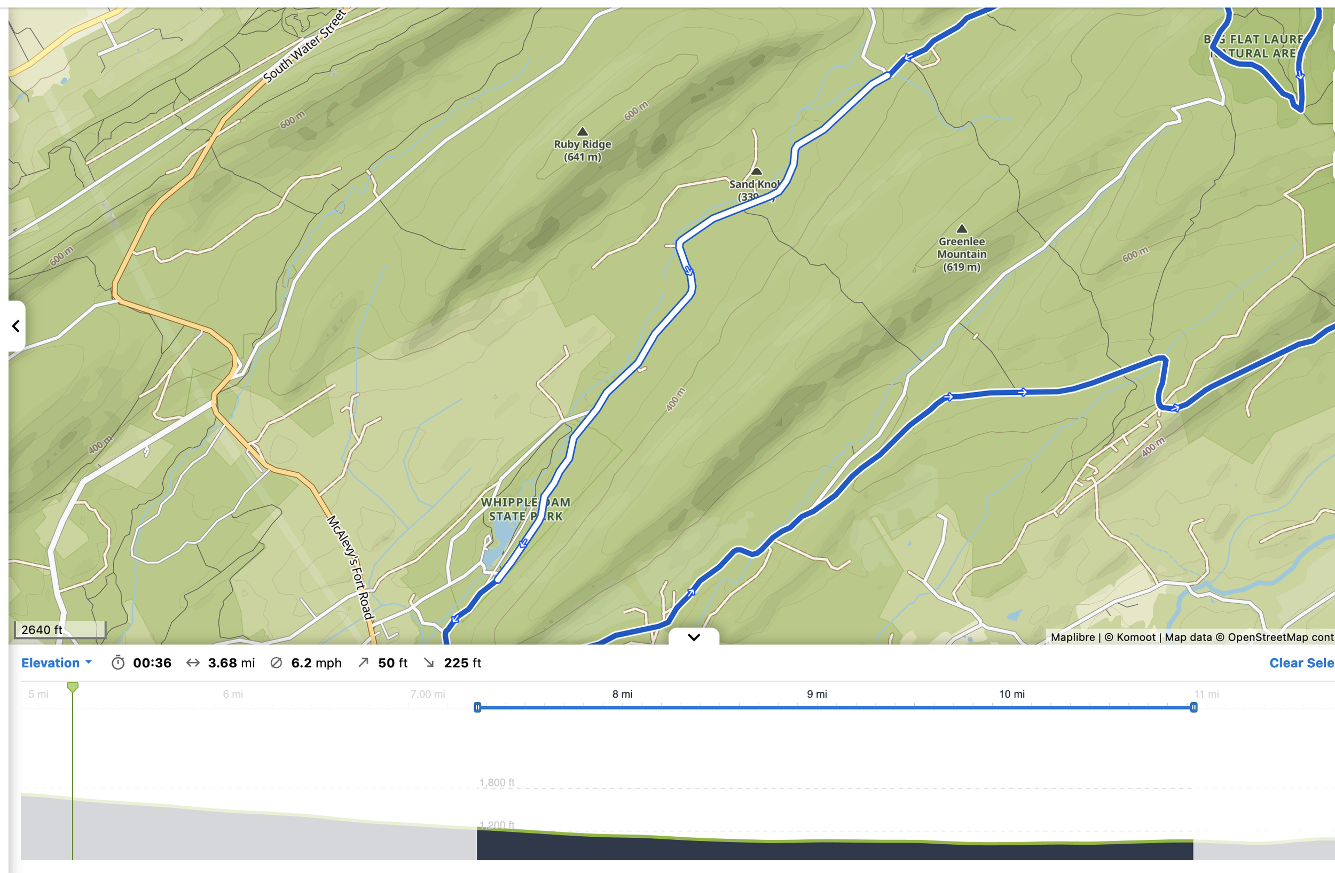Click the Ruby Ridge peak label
582,150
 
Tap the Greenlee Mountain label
961,254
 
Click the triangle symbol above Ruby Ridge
582,132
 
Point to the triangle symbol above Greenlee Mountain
961,229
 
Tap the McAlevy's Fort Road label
351,567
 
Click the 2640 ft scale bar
59,630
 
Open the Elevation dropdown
56,663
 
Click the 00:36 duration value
152,663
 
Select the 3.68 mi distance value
231,663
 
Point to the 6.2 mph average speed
316,663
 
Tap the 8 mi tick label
622,694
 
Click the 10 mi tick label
1011,694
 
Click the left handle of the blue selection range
477,707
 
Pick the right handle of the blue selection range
1193,707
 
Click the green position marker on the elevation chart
73,687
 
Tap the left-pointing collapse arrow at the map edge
16,326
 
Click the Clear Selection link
1301,663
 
